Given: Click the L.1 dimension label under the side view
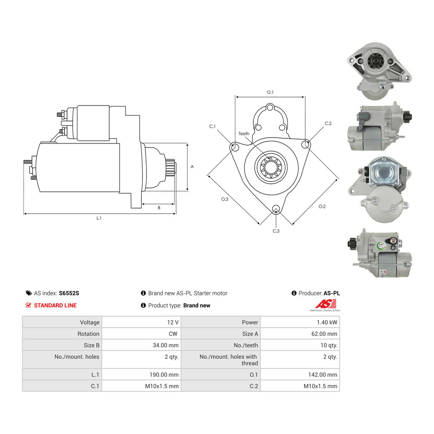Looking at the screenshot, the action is pos(99,218).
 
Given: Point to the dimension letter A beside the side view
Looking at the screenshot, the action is pos(192,167).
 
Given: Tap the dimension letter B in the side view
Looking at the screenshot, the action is pos(159,208).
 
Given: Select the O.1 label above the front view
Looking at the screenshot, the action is pos(270,92).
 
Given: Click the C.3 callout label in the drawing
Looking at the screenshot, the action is pos(276,231).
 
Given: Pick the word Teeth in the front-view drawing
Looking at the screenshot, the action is pos(244,134).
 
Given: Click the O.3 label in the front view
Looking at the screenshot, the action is pos(225,199).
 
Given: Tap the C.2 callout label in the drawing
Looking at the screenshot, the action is pos(328,123).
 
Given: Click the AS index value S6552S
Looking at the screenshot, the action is pos(69,293).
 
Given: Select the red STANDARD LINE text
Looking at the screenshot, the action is pos(55,305).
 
